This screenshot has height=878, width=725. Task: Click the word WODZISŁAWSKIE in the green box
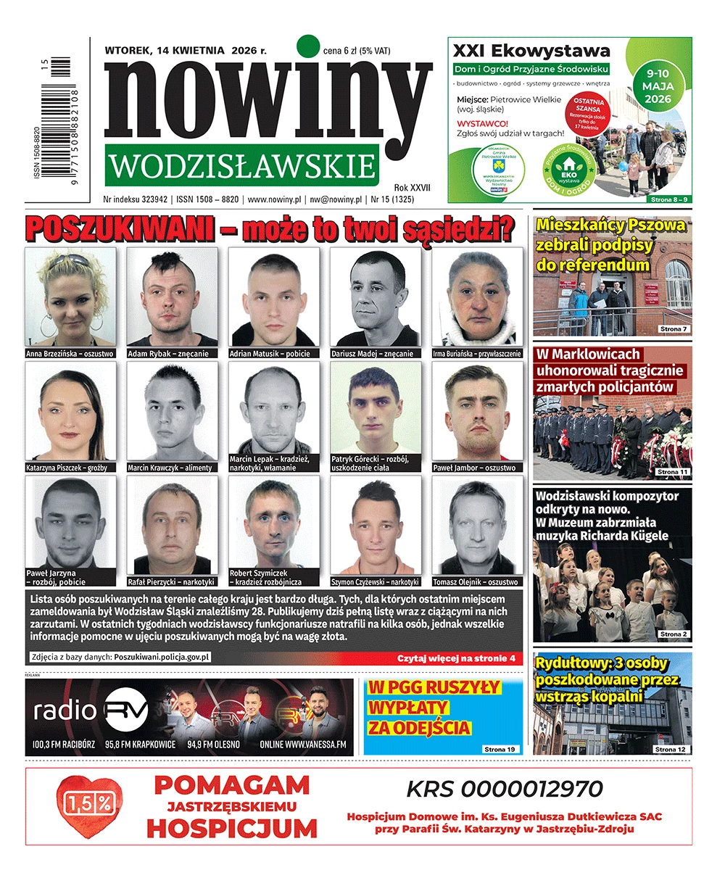tap(241, 166)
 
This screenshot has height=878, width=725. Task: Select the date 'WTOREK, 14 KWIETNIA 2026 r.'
tap(186, 51)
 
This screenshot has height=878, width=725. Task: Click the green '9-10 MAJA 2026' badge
tap(657, 86)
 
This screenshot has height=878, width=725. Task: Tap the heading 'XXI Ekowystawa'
tap(531, 51)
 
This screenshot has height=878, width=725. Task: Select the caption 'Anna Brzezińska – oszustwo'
tap(70, 354)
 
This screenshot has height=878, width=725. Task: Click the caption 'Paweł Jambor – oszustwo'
tap(474, 468)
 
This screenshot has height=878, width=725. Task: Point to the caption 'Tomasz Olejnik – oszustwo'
tap(476, 581)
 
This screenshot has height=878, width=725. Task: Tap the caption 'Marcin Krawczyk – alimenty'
tap(170, 468)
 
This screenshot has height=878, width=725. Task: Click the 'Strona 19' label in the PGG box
tap(500, 749)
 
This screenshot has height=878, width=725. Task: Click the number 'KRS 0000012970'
tap(504, 789)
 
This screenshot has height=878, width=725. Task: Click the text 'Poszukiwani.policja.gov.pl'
tap(162, 657)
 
